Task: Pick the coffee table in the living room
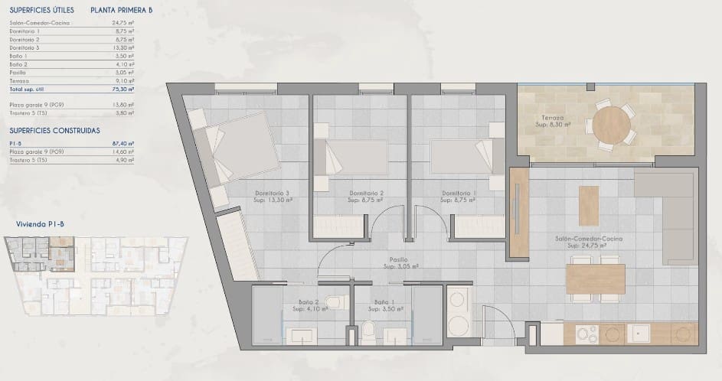point(589,205)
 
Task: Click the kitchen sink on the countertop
point(639,334)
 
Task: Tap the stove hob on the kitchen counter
point(587,334)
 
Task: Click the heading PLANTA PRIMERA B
point(121,11)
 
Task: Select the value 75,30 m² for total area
point(123,90)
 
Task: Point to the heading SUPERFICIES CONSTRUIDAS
point(54,131)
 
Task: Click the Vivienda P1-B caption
point(37,225)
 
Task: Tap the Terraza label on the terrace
point(550,118)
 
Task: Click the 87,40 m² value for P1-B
point(123,143)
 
